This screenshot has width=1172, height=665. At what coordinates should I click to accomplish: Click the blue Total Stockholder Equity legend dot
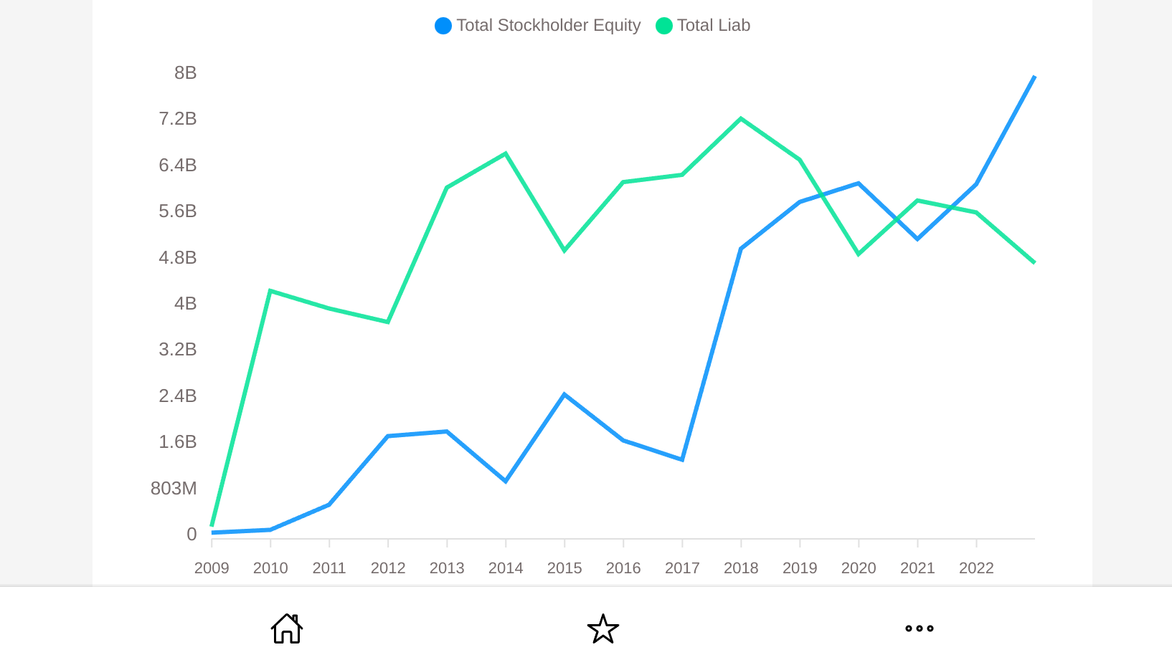pos(443,26)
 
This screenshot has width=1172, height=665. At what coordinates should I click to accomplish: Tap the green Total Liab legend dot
pos(664,26)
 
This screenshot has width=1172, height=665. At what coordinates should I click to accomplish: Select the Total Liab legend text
pos(713,26)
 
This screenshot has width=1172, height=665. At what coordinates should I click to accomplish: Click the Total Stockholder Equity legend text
pos(548,26)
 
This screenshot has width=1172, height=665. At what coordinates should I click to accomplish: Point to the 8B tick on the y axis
pos(185,73)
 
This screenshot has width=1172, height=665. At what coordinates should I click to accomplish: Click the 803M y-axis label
pos(174,489)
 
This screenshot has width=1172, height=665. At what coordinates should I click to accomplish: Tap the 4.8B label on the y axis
pos(177,257)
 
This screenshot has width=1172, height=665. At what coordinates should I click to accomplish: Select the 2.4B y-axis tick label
pos(177,396)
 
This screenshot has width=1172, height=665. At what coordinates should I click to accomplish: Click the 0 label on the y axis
pos(192,534)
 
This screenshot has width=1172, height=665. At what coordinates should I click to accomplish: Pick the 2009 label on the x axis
pos(212,568)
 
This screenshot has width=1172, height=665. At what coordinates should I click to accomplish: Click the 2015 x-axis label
pos(564,568)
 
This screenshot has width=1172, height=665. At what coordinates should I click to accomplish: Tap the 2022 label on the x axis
pos(976,568)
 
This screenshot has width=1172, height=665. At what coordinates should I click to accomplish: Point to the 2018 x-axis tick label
pos(741,568)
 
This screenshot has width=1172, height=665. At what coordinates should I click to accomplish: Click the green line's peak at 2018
pos(741,119)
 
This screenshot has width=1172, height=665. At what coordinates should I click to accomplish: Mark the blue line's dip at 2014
pos(506,481)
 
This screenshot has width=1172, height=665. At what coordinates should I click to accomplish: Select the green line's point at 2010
pos(270,291)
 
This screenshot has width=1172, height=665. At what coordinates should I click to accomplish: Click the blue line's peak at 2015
pos(564,395)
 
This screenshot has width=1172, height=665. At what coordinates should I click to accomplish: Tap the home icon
pos(287,628)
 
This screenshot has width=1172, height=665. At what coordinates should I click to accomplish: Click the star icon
pos(603,628)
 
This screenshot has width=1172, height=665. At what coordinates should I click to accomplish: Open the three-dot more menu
pos(919,628)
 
